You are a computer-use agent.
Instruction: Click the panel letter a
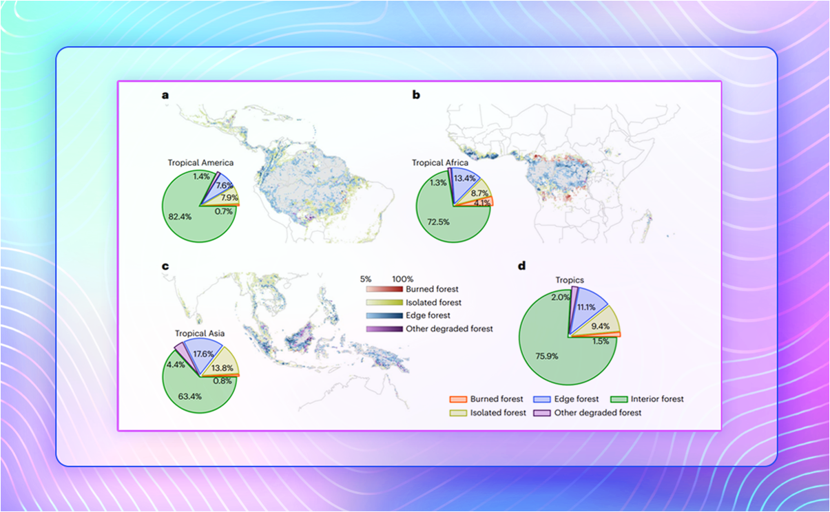(165, 95)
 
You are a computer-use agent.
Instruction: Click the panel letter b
(416, 95)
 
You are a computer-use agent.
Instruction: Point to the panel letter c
(165, 266)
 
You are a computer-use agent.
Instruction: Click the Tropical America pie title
(200, 163)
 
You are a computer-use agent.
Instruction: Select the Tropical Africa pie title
(440, 163)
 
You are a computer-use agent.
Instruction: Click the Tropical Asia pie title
(200, 333)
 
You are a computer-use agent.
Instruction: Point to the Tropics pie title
(570, 280)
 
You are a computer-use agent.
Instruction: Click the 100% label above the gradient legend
(402, 279)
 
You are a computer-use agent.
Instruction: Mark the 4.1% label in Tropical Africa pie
(481, 203)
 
